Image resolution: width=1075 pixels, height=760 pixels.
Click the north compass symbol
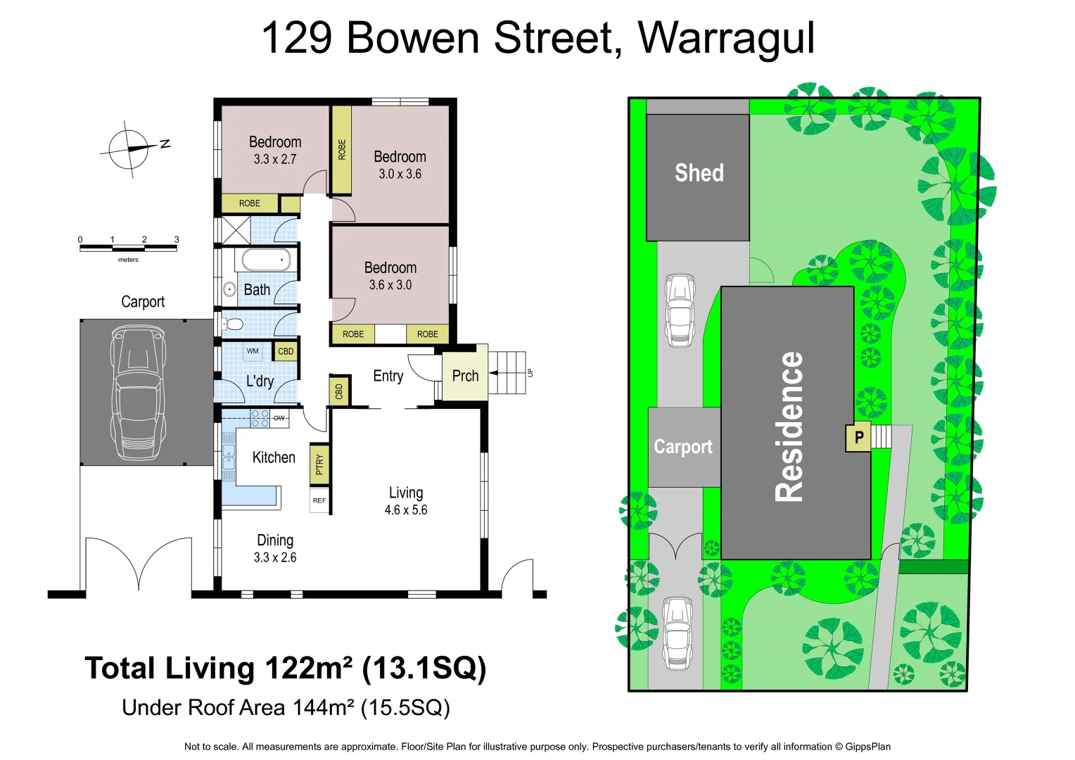(129, 149)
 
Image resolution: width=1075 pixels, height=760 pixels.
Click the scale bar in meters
(128, 247)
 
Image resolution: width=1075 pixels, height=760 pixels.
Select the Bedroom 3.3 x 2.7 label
(275, 150)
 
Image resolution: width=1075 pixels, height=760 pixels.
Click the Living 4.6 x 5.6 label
(406, 500)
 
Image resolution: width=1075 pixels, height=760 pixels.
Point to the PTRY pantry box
(319, 464)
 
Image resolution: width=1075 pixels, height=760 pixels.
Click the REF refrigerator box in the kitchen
(319, 501)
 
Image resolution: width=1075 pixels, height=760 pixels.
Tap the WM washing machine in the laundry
(253, 351)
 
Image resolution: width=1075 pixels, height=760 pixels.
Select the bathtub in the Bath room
(265, 260)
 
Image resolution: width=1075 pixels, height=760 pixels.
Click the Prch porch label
(465, 376)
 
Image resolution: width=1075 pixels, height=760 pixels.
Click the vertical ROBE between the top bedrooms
(342, 150)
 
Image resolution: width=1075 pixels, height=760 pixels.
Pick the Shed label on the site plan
(699, 173)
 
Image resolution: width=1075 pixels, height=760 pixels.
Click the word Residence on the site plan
(789, 426)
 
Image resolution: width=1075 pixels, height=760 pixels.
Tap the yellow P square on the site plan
(858, 437)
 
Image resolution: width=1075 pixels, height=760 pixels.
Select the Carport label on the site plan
(682, 447)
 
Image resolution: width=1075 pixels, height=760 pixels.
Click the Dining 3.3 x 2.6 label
(275, 548)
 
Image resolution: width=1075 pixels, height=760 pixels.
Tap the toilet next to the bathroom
(234, 324)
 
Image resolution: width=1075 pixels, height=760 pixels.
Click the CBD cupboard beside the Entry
(339, 391)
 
